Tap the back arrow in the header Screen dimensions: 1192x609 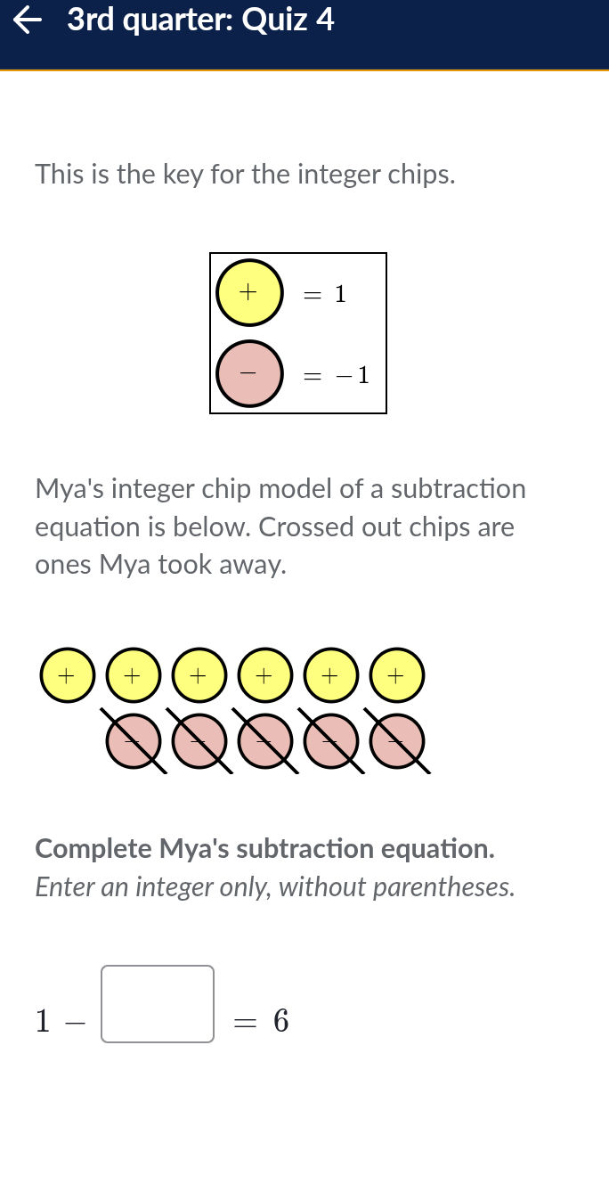point(28,20)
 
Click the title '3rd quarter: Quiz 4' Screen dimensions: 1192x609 point(200,20)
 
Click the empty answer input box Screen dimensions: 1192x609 point(158,1004)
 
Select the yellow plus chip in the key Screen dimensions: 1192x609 point(249,292)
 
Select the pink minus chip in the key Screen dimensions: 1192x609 point(249,373)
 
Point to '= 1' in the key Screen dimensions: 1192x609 point(325,294)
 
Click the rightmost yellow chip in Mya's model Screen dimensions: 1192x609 point(396,675)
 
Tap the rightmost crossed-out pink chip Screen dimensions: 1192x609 point(396,740)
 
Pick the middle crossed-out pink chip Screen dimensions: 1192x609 point(264,740)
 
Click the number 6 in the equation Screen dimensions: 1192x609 point(281,1021)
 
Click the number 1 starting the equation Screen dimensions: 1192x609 point(42,1021)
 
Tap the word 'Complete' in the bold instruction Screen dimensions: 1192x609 point(93,848)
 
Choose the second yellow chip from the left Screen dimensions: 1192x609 point(132,675)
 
